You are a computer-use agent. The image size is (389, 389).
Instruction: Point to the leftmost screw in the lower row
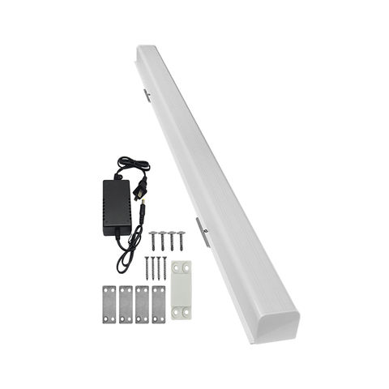pyautogui.click(x=148, y=267)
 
